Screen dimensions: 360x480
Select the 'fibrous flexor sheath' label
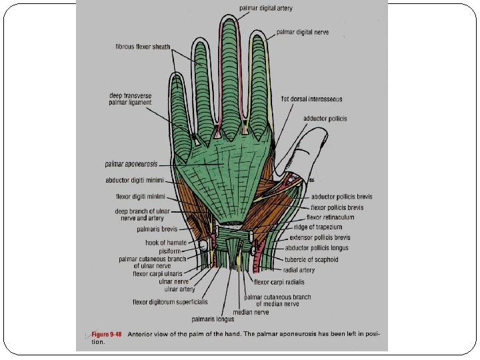(x=142, y=47)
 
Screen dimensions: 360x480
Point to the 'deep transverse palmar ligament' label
(x=130, y=99)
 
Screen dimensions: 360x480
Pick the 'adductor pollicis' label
(x=325, y=119)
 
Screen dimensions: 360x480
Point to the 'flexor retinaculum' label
(x=331, y=217)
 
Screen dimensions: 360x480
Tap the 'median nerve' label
(x=251, y=311)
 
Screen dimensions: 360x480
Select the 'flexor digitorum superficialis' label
(x=163, y=301)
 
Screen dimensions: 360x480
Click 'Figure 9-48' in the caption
(x=107, y=333)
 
